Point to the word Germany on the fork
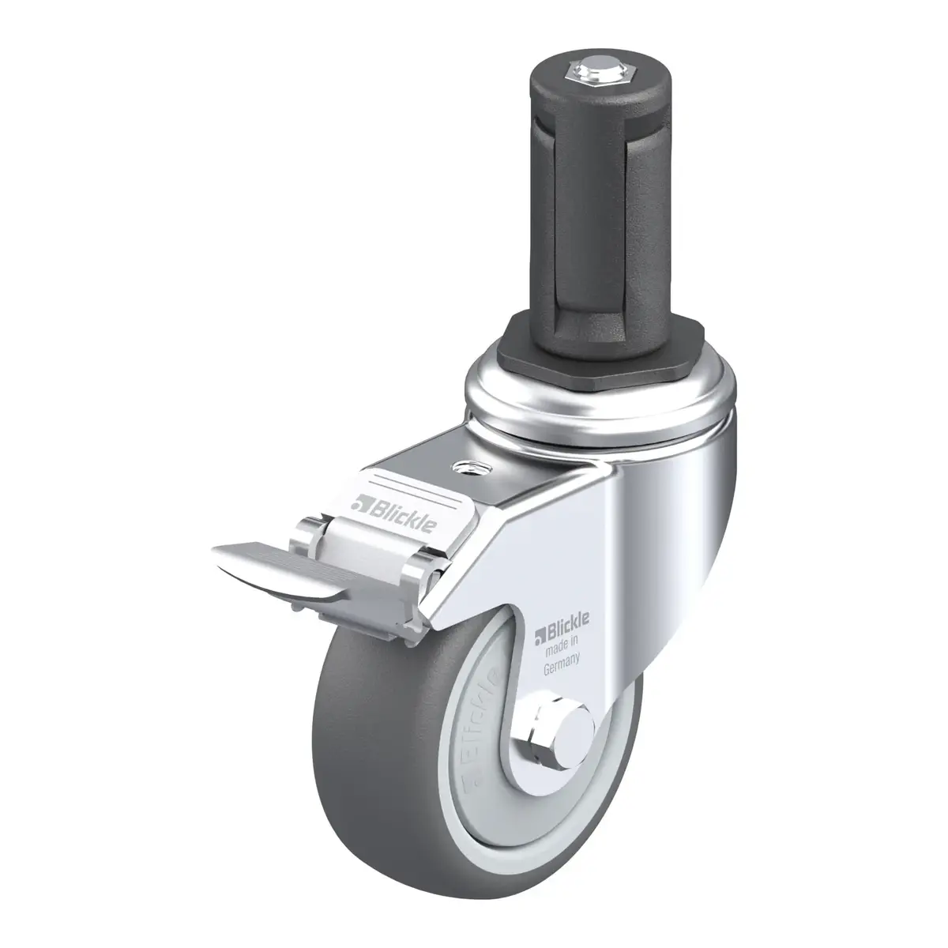tap(562, 663)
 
